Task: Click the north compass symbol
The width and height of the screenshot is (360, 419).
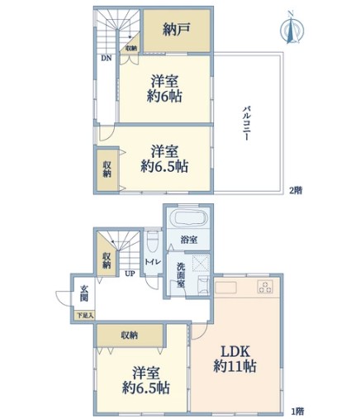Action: pos(291,28)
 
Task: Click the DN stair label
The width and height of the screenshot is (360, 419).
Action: pos(107,58)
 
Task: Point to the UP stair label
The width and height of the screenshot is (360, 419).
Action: pos(130,274)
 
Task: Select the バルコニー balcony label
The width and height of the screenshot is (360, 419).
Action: pos(246,123)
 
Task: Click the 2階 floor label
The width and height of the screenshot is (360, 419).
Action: pos(296,190)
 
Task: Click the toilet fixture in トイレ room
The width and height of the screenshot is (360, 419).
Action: pos(153,241)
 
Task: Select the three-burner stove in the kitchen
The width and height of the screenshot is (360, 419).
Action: pos(265,287)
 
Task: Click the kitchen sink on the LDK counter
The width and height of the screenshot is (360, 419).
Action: pos(225,288)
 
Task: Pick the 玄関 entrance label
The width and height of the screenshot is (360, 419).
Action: pos(84,293)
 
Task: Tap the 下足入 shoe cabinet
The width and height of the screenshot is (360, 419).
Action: pos(85,316)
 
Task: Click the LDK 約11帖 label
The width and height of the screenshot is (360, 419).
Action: pos(235,359)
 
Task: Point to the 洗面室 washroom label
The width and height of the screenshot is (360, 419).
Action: pos(181,275)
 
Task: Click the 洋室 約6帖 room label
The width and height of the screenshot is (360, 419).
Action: pos(164,88)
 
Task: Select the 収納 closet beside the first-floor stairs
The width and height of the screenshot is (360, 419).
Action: pos(107,260)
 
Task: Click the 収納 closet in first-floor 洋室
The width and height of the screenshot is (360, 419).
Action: pos(130,336)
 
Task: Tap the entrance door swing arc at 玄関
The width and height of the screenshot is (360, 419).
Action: pos(63,298)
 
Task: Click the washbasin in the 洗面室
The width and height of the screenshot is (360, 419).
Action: pos(203,285)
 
